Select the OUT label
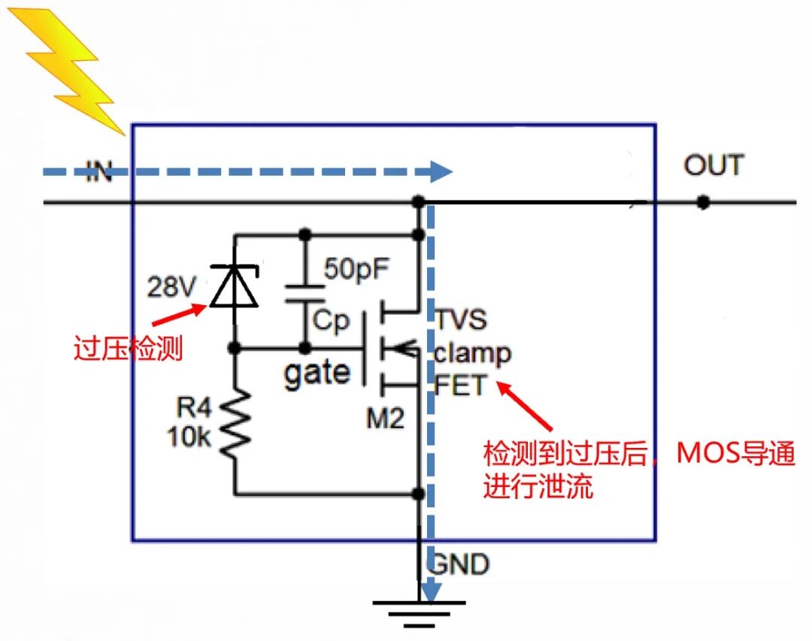pyautogui.click(x=713, y=165)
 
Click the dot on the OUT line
pyautogui.click(x=703, y=202)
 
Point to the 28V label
pyautogui.click(x=174, y=287)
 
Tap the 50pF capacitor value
pyautogui.click(x=358, y=268)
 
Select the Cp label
pyautogui.click(x=332, y=322)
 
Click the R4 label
pyautogui.click(x=195, y=409)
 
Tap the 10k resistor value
pyautogui.click(x=189, y=438)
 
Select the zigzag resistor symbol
pyautogui.click(x=235, y=424)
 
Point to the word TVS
pyautogui.click(x=461, y=319)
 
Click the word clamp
pyautogui.click(x=472, y=353)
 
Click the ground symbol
pyautogui.click(x=419, y=612)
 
